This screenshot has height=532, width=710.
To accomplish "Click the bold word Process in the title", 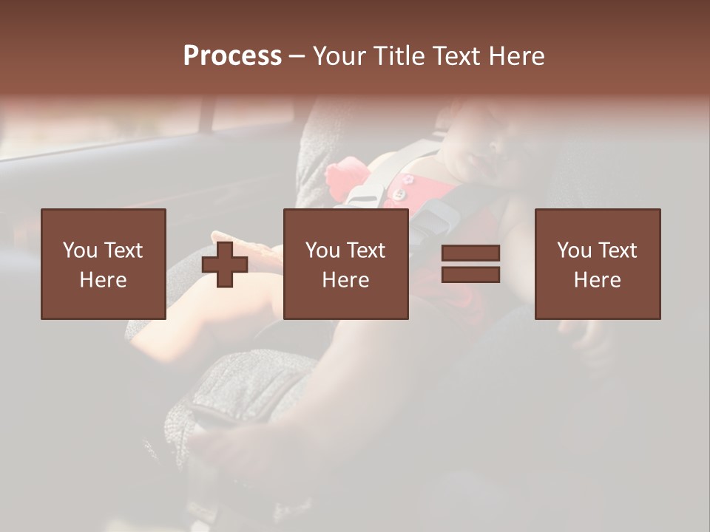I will (x=232, y=55).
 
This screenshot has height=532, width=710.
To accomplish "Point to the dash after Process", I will (x=297, y=56).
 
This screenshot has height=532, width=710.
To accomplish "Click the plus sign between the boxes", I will (x=225, y=265).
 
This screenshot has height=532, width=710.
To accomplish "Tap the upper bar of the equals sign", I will (x=470, y=253).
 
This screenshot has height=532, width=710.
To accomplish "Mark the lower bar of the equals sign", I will (x=470, y=274).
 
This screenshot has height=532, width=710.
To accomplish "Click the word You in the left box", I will (x=80, y=250).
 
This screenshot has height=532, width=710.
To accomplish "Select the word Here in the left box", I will (x=103, y=280).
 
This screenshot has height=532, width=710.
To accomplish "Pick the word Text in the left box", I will (x=123, y=250).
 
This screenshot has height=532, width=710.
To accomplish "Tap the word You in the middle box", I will (x=322, y=250).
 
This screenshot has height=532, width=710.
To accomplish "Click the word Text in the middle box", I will (x=365, y=250).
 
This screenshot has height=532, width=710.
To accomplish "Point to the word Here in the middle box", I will (x=345, y=280).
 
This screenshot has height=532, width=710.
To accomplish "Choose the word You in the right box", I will (x=574, y=250).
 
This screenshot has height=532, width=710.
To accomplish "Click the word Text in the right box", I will (x=617, y=250).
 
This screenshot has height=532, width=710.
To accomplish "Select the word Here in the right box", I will (x=597, y=280).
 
